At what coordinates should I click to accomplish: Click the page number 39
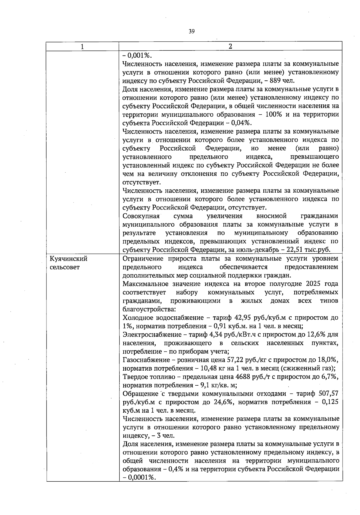[192, 31]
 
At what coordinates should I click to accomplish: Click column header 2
[230, 47]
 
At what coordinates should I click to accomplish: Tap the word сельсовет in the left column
[64, 267]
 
